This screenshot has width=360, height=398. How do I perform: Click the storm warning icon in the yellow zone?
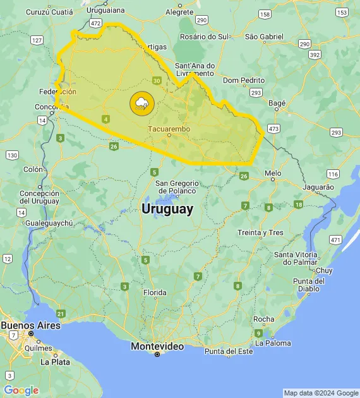(141, 103)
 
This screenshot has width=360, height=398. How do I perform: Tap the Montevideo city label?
(157, 346)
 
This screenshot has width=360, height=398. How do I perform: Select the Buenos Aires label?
(30, 325)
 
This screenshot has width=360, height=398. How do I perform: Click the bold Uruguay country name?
(167, 210)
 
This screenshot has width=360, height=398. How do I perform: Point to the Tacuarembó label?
(169, 128)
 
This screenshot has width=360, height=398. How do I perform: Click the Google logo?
(21, 390)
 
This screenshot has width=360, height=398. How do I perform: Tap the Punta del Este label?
(228, 351)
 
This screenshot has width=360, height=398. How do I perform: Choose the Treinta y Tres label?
(260, 232)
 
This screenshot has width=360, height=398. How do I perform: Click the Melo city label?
(273, 172)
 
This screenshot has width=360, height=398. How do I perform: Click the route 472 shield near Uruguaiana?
(95, 23)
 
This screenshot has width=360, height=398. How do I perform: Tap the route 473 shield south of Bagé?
(273, 128)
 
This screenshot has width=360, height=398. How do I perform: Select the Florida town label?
(155, 292)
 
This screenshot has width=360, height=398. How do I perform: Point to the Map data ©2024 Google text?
(321, 393)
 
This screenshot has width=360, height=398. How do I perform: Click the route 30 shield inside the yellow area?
(157, 81)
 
